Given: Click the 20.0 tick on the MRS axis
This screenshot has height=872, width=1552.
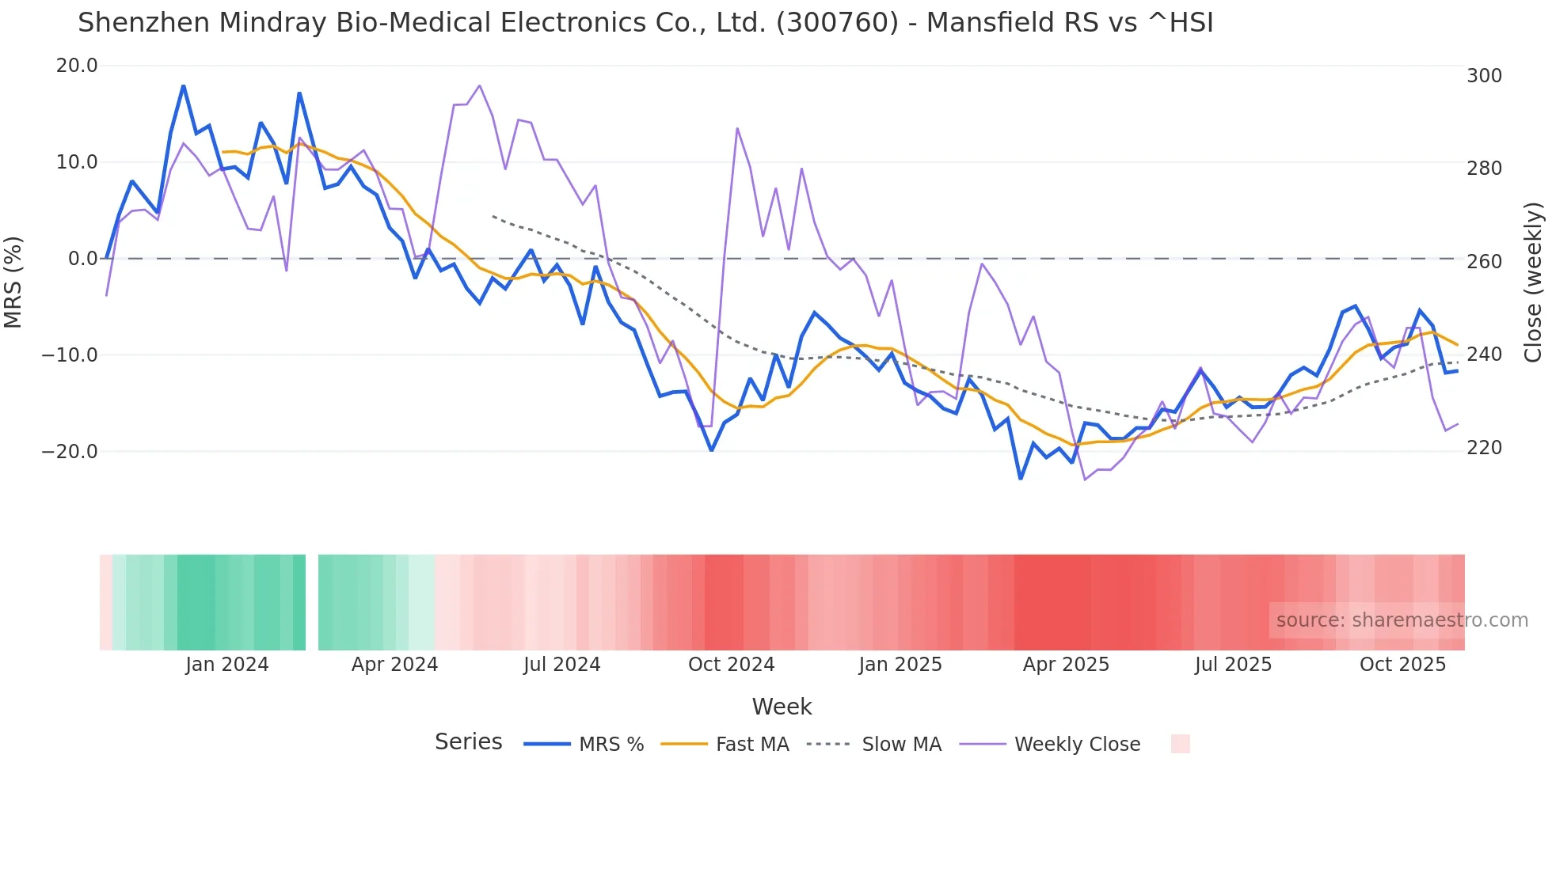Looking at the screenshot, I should pyautogui.click(x=77, y=66).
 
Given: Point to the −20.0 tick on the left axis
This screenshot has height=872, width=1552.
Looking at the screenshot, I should pyautogui.click(x=70, y=452).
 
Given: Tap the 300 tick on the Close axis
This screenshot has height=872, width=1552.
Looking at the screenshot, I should pyautogui.click(x=1484, y=76).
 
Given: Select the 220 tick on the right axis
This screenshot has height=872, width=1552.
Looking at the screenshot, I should pyautogui.click(x=1484, y=448).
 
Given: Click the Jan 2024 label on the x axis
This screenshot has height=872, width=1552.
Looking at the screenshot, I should pyautogui.click(x=227, y=665).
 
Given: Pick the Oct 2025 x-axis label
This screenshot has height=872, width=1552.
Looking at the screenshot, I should pyautogui.click(x=1402, y=665).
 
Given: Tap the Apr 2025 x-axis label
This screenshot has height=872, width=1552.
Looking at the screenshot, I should pyautogui.click(x=1066, y=665).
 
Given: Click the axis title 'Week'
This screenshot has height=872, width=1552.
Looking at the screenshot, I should pyautogui.click(x=782, y=707).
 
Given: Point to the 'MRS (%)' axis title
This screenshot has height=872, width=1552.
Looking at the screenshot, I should pyautogui.click(x=13, y=282).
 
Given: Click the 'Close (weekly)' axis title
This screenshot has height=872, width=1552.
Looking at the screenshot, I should pyautogui.click(x=1533, y=282).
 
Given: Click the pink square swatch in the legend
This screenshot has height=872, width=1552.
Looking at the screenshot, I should pyautogui.click(x=1180, y=744).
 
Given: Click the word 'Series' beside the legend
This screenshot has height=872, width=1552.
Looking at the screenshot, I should pyautogui.click(x=468, y=742).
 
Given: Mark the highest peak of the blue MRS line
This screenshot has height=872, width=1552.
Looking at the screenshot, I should pyautogui.click(x=184, y=85).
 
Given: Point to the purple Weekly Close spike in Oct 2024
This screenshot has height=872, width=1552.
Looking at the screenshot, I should pyautogui.click(x=737, y=128).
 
